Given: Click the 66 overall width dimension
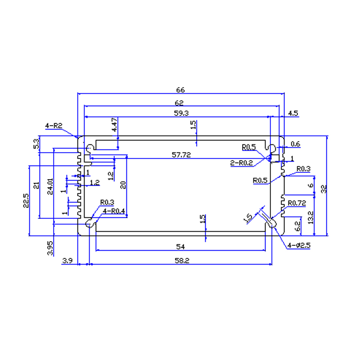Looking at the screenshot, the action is pyautogui.click(x=180, y=90).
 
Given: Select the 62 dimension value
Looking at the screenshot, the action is pyautogui.click(x=179, y=103).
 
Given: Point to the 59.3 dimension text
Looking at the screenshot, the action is pyautogui.click(x=181, y=113).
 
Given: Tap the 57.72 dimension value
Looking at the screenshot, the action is pyautogui.click(x=181, y=155).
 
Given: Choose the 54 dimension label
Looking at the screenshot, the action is pyautogui.click(x=180, y=247).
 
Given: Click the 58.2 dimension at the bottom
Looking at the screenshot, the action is pyautogui.click(x=182, y=261).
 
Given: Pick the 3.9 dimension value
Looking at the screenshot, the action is pyautogui.click(x=67, y=261).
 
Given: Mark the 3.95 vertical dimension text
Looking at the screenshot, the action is pyautogui.click(x=50, y=248).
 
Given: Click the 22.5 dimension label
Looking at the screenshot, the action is pyautogui.click(x=26, y=200).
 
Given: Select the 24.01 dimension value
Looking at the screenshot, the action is pyautogui.click(x=50, y=186).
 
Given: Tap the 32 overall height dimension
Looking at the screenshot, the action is pyautogui.click(x=324, y=189).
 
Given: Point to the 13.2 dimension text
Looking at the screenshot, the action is pyautogui.click(x=310, y=217).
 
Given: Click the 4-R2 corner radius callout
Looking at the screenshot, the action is pyautogui.click(x=54, y=126).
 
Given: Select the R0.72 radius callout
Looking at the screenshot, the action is pyautogui.click(x=297, y=203).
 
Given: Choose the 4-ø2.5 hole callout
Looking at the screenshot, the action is pyautogui.click(x=299, y=245).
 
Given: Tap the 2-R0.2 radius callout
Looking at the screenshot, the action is pyautogui.click(x=242, y=163).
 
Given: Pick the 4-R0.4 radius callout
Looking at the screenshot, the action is pyautogui.click(x=114, y=211).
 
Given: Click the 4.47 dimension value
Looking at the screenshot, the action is pyautogui.click(x=114, y=125).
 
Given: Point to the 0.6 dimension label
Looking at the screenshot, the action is pyautogui.click(x=295, y=144).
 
